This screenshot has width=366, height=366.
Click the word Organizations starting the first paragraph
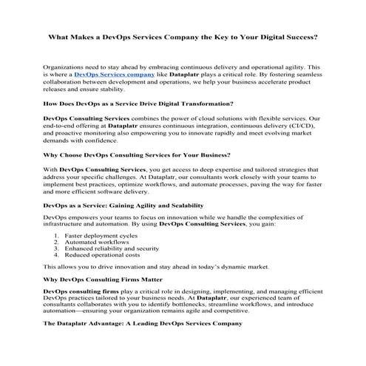(67, 67)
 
